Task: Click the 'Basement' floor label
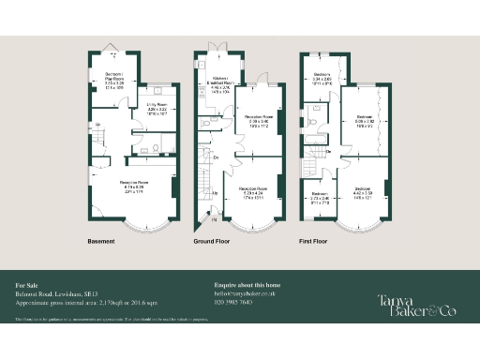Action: pos(100,241)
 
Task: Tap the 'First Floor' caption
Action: pos(314,241)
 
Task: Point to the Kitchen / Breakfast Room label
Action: pos(221,84)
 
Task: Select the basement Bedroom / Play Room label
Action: pos(114,79)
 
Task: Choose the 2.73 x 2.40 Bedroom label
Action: pos(319,197)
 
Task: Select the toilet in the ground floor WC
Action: pos(206,122)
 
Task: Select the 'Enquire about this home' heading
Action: pos(247,282)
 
